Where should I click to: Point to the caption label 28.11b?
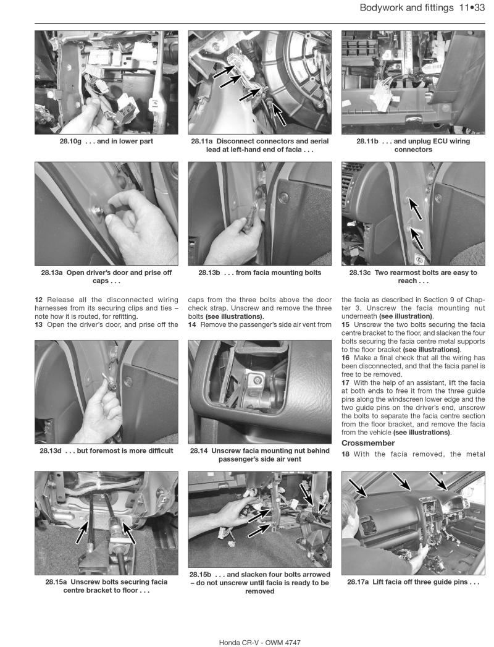(370, 142)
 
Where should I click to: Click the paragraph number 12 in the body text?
(39, 300)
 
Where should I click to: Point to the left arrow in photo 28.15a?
(82, 532)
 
